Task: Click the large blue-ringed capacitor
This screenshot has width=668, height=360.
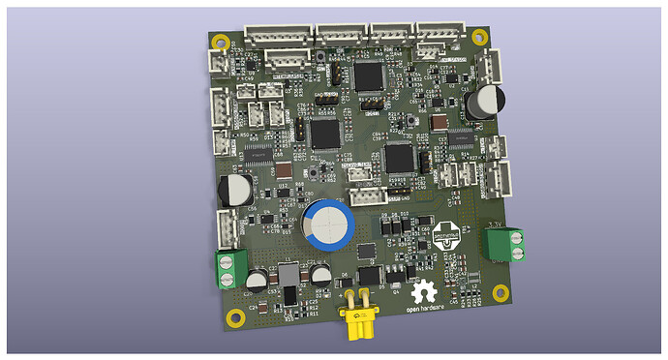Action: coord(326,225)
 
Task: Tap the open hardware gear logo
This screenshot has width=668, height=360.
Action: coord(423,291)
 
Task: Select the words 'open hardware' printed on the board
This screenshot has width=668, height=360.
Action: coord(423,310)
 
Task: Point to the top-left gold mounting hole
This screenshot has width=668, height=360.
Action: coord(222,43)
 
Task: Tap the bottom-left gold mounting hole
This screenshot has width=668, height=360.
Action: coord(233,315)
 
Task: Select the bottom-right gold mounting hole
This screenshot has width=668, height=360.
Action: coord(500,292)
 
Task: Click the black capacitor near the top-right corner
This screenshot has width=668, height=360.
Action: coord(483,102)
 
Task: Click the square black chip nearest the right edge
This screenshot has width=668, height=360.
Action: coord(400,157)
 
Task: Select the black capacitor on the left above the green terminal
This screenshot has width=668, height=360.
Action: coord(234,190)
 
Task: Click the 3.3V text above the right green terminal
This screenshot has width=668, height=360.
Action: coord(494,225)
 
